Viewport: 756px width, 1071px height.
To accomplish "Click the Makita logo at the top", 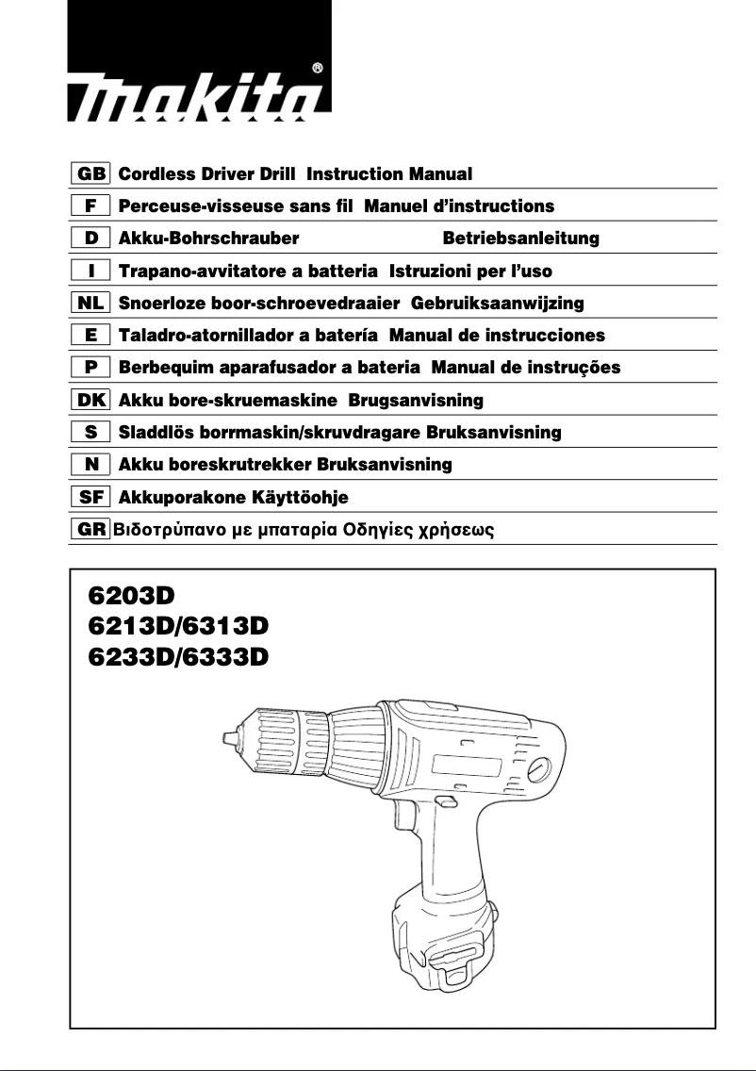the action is pyautogui.click(x=197, y=99).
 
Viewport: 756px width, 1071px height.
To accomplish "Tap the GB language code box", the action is pyautogui.click(x=90, y=174).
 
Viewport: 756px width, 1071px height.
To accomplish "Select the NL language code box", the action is pyautogui.click(x=90, y=304).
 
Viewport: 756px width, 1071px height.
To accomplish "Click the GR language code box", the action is pyautogui.click(x=90, y=529).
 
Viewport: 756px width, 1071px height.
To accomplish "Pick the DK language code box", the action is pyautogui.click(x=90, y=401).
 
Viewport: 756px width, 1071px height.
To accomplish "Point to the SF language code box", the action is pyautogui.click(x=90, y=497).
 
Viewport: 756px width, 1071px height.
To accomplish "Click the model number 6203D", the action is pyautogui.click(x=132, y=596).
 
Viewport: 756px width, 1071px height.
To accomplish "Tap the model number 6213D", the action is pyautogui.click(x=132, y=625).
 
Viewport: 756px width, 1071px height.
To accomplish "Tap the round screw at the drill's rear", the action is pyautogui.click(x=537, y=769).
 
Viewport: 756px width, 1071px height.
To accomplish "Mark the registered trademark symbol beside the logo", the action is pyautogui.click(x=318, y=68).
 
